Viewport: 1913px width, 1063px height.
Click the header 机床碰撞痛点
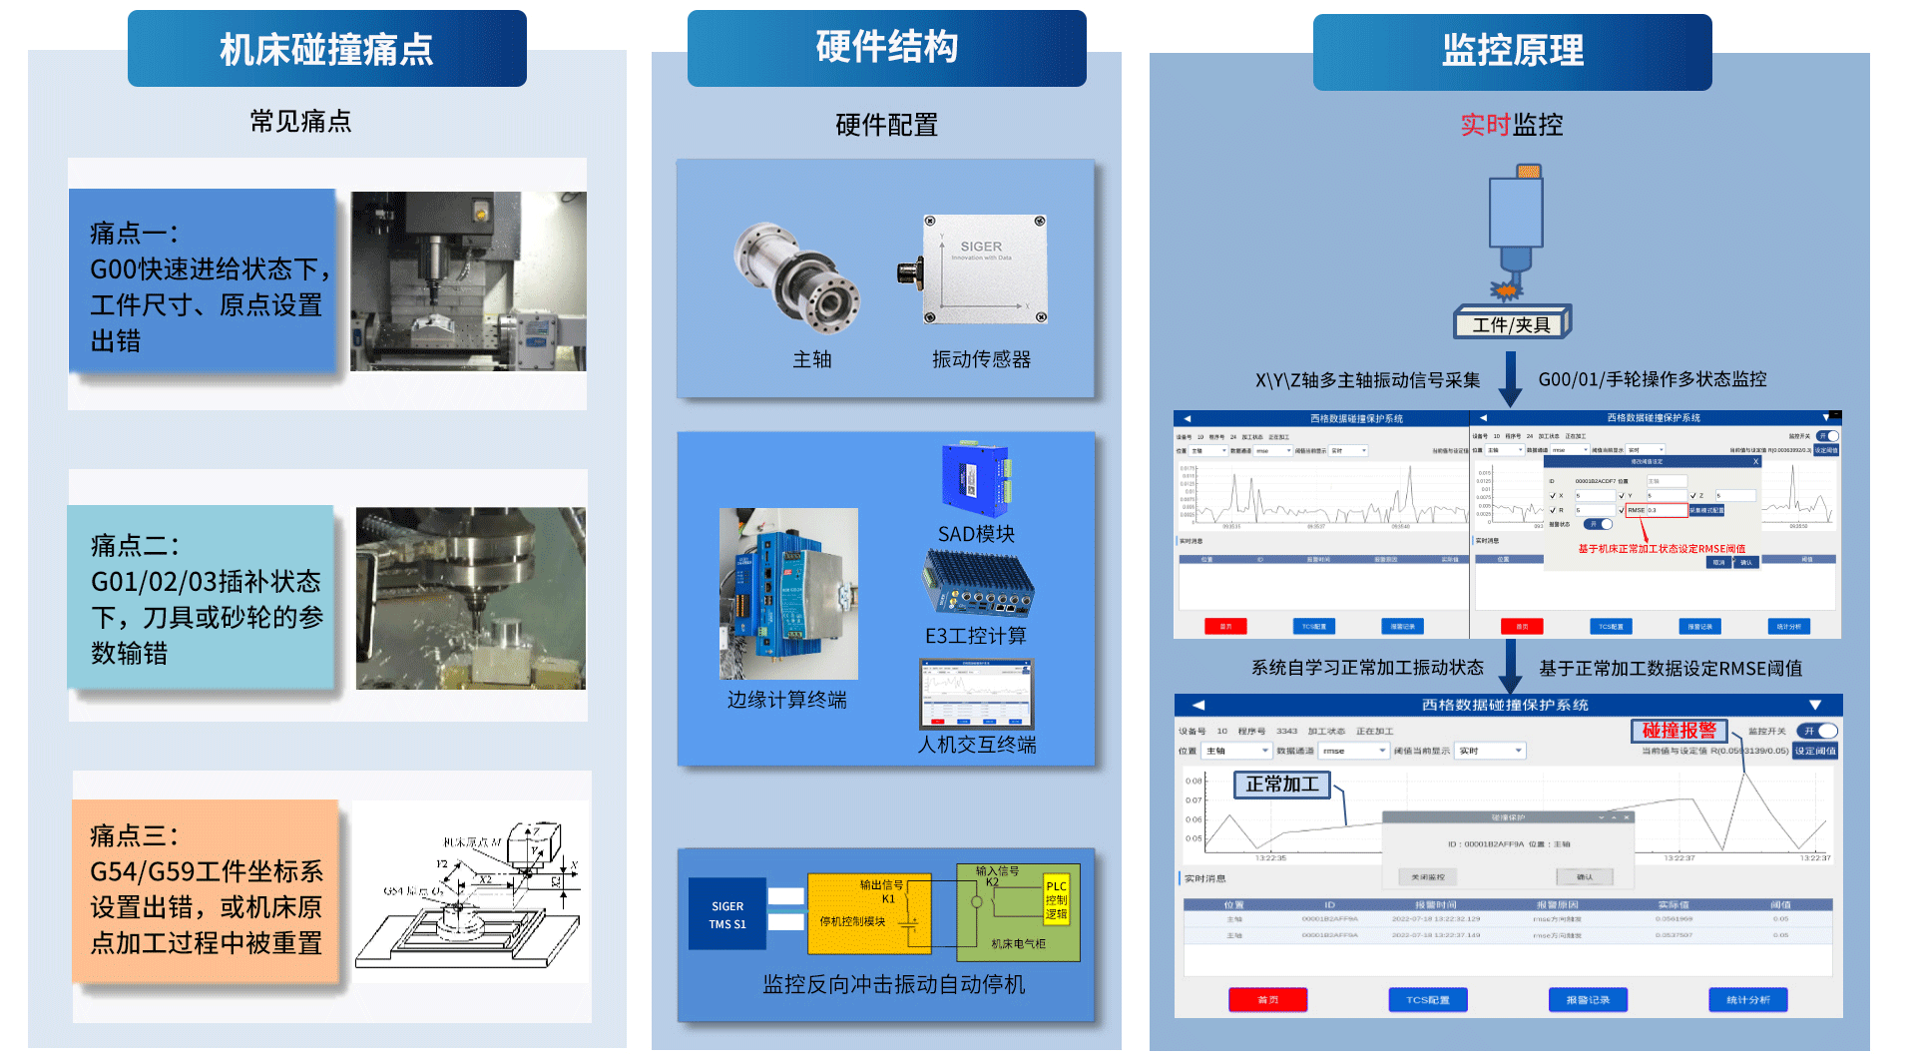pos(326,49)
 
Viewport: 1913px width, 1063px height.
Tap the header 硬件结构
pos(886,47)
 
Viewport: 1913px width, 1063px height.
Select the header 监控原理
pos(1512,51)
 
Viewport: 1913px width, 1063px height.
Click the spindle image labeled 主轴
pos(797,278)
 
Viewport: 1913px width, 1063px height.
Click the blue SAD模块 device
pos(975,480)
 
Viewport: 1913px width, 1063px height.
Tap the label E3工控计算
pos(975,636)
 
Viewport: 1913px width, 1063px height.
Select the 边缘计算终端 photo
pos(788,594)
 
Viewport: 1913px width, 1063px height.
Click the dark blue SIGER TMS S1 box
pos(727,914)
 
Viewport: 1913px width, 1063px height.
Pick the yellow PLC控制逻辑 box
pos(1056,899)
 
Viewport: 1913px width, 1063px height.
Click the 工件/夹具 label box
pos(1511,324)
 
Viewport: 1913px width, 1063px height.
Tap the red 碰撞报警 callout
pos(1678,731)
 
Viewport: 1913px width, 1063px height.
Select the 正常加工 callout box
pos(1281,785)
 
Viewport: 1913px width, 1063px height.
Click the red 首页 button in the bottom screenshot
pos(1267,999)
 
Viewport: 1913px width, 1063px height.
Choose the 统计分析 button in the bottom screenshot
pos(1747,999)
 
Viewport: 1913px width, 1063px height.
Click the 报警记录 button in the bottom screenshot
pos(1588,999)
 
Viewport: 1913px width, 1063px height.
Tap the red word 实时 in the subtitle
pos(1485,125)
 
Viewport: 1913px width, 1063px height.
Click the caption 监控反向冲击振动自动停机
pos(893,984)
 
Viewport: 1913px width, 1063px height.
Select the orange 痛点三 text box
pos(206,890)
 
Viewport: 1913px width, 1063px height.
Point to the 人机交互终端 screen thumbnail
pos(976,695)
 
